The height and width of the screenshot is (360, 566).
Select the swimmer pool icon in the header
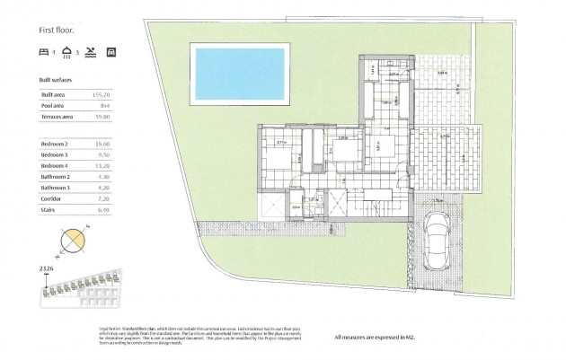click(x=91, y=52)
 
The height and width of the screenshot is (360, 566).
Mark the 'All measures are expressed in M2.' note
click(x=396, y=338)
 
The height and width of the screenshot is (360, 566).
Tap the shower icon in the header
click(x=67, y=52)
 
